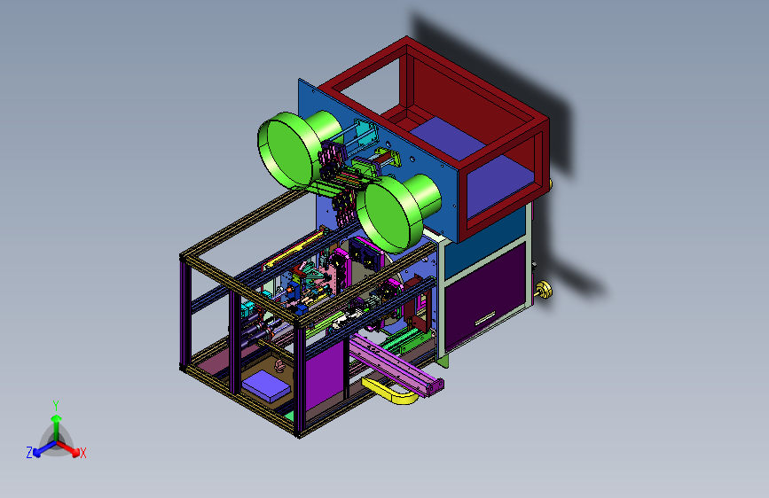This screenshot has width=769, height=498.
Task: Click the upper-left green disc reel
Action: click(x=286, y=150)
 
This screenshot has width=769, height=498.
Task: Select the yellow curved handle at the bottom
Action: click(x=389, y=391)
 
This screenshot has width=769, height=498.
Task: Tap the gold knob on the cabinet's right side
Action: click(x=544, y=290)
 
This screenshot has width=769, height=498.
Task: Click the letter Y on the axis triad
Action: click(x=56, y=405)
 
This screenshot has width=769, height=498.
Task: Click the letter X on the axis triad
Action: click(x=82, y=453)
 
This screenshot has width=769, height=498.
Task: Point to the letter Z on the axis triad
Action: click(x=29, y=453)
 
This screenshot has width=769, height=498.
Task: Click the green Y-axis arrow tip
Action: click(x=57, y=418)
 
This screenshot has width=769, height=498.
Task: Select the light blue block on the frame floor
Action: click(x=266, y=385)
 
